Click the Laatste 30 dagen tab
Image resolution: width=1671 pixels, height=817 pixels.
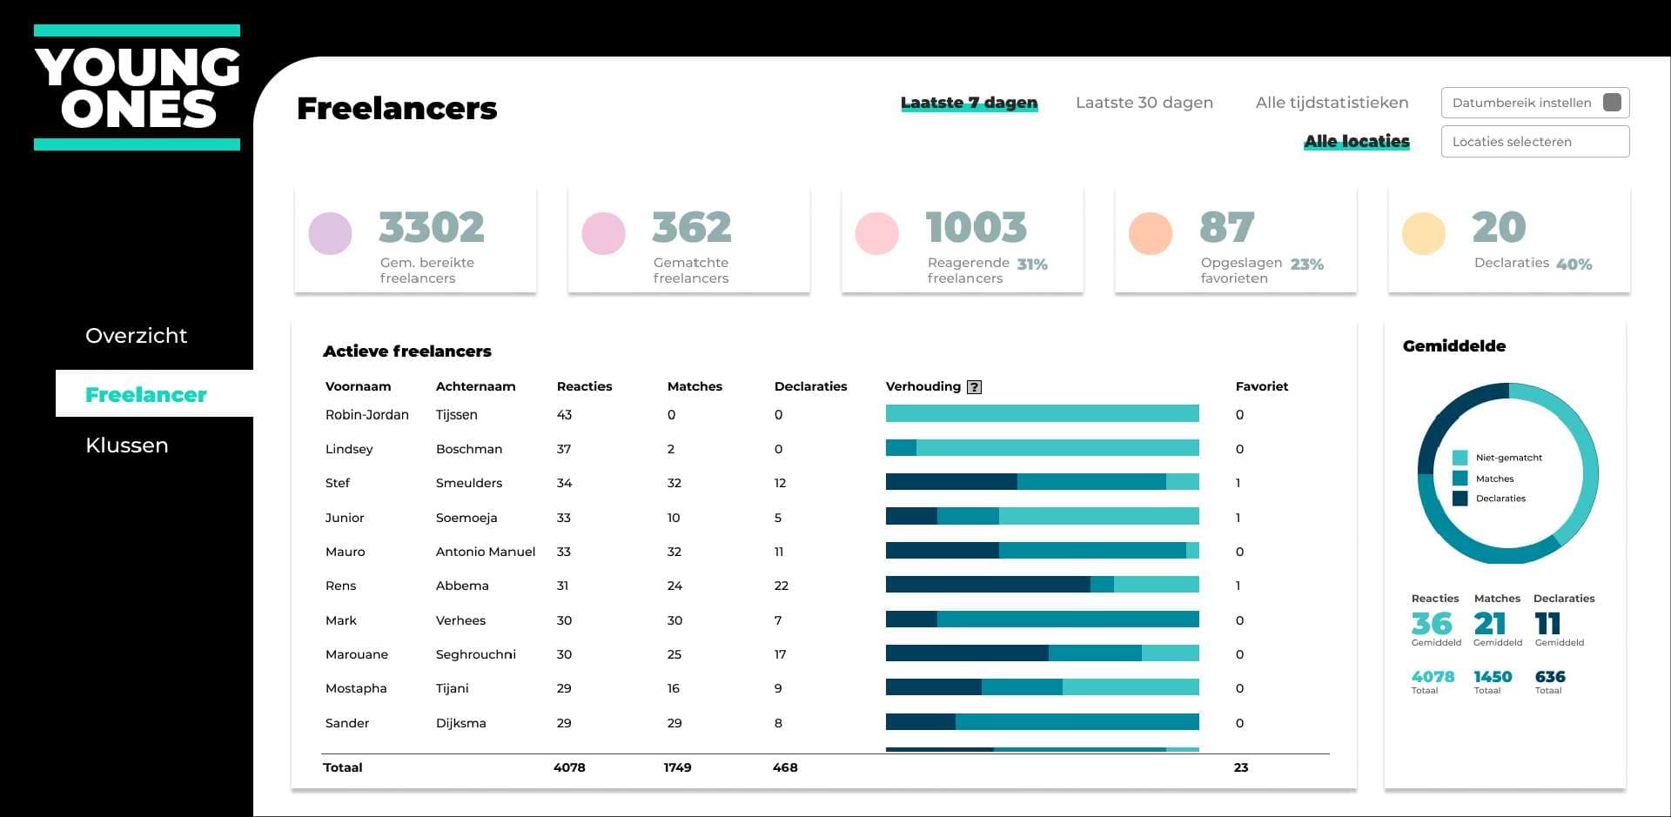(1144, 103)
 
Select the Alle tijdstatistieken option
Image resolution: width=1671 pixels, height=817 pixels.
(1332, 103)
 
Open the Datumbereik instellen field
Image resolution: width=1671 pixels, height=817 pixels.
(1534, 103)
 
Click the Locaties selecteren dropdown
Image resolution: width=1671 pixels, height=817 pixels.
(1534, 142)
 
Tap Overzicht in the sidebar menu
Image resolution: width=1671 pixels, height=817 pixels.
(136, 336)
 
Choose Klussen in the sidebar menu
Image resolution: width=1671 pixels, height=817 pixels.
(127, 445)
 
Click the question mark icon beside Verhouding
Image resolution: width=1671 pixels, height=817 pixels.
(975, 387)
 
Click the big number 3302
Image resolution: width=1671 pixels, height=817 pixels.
(432, 228)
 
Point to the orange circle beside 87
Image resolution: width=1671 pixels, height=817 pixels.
(1151, 233)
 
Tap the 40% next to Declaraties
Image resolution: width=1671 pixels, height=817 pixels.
(1574, 265)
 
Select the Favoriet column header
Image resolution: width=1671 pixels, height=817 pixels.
(1261, 386)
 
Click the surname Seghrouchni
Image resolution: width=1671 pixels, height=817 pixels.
(475, 654)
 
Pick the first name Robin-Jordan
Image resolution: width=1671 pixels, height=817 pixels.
(366, 415)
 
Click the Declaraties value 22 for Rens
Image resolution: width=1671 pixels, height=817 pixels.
(782, 586)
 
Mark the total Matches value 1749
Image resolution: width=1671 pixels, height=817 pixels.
(677, 767)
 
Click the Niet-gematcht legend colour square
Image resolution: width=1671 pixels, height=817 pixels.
(1460, 458)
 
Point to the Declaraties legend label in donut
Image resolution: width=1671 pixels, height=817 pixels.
(1500, 499)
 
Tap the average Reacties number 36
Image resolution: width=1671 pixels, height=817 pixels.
(1432, 624)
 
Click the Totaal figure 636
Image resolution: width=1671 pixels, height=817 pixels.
(1550, 677)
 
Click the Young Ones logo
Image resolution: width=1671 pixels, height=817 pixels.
(138, 88)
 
